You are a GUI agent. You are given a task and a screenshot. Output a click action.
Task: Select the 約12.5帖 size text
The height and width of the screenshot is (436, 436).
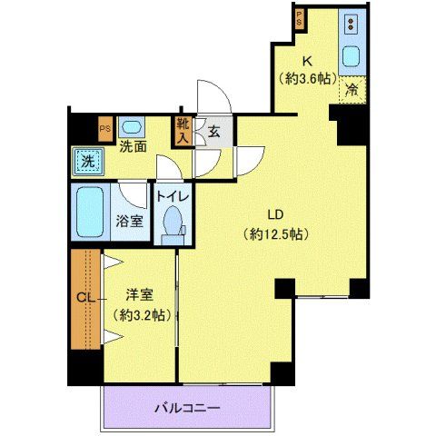(x=277, y=233)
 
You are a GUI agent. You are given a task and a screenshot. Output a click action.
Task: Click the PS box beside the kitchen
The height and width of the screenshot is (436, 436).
(x=299, y=17)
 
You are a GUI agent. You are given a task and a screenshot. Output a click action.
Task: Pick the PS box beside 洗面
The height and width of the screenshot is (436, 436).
(x=105, y=128)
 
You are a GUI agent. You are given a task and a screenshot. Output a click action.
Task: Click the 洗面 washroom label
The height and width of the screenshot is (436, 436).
(x=134, y=145)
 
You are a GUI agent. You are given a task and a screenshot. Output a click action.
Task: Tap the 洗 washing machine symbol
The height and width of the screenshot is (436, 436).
(x=88, y=161)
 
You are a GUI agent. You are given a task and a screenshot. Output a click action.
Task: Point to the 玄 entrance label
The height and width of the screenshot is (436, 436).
(x=214, y=132)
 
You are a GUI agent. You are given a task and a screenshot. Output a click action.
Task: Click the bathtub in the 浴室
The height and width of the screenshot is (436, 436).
(x=91, y=213)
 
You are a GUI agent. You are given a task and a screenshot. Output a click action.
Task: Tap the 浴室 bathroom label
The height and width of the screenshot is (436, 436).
(x=128, y=221)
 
